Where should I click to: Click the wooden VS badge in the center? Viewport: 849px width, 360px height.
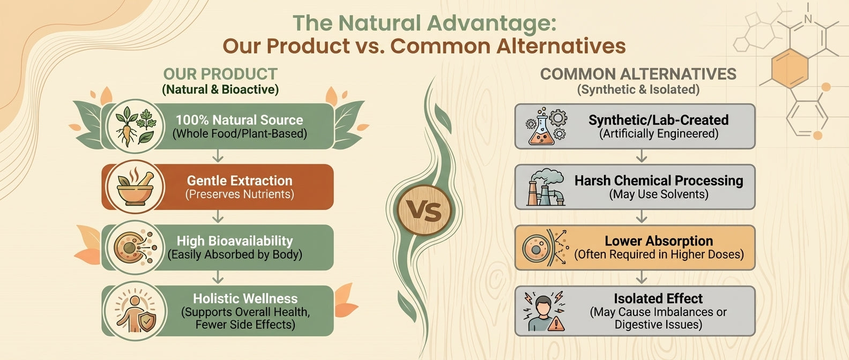coord(424,210)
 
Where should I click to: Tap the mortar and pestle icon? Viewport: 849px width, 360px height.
coord(135,187)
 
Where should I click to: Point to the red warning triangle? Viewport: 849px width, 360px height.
coord(556,324)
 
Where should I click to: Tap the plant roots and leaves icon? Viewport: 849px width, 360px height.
coord(135,126)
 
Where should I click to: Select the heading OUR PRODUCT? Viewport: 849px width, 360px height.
coord(220,74)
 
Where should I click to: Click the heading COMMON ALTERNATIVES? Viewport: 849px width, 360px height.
coord(638,74)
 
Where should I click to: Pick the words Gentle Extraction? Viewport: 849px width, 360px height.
coord(240,181)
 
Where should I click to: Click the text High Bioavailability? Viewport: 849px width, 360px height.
coord(235,241)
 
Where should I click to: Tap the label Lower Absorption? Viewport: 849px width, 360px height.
coord(659,241)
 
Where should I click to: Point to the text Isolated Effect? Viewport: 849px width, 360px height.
coord(658,298)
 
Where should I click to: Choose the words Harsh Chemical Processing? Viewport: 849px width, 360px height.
coord(659,181)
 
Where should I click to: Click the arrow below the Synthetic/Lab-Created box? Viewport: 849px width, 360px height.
coord(641,156)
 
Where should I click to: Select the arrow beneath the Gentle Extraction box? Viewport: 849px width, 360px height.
coord(218,216)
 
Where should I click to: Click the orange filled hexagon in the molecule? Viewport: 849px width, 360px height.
coord(790,68)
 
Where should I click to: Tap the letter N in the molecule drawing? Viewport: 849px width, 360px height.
coord(808,19)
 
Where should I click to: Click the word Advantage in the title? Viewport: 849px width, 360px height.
coord(491,24)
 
